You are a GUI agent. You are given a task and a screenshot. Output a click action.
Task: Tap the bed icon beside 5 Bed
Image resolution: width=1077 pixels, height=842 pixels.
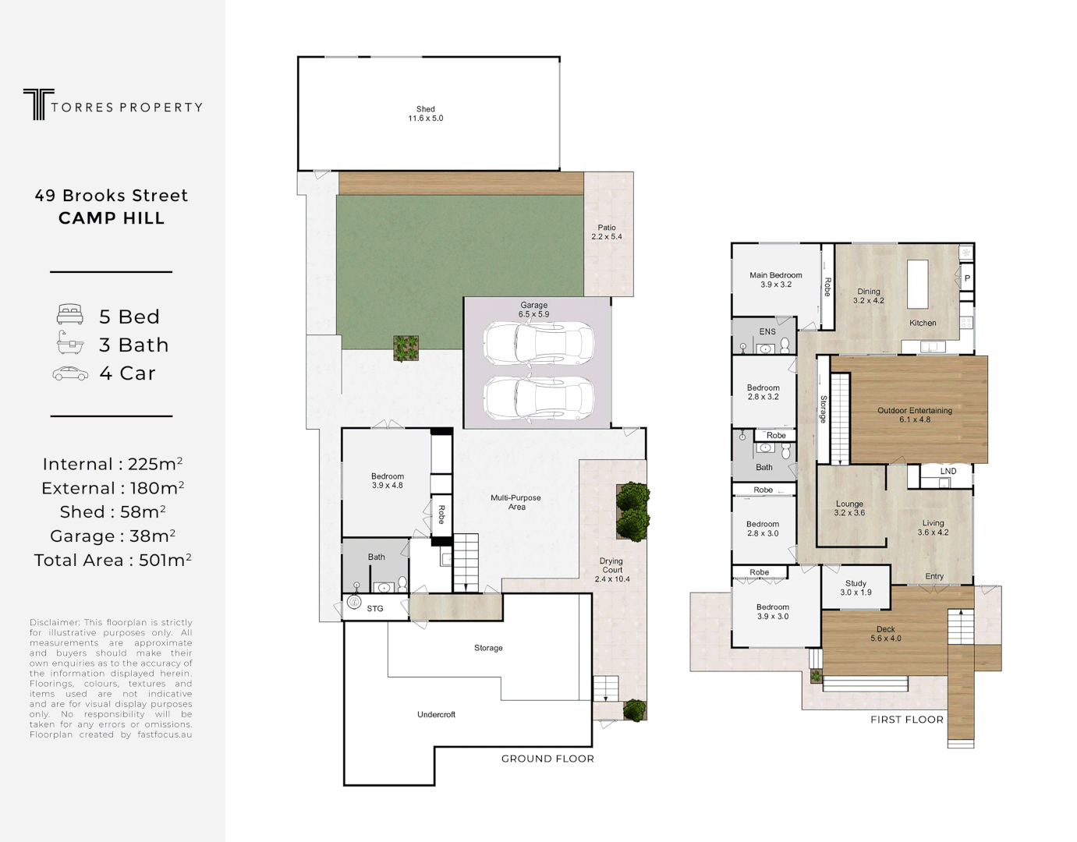(70, 316)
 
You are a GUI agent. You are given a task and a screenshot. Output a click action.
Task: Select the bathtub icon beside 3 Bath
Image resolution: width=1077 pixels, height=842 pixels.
(70, 344)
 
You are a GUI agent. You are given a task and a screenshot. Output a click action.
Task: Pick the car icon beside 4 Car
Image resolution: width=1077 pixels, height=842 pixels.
(70, 373)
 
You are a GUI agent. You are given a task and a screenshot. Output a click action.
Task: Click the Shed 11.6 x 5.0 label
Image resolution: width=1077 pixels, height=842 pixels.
(426, 114)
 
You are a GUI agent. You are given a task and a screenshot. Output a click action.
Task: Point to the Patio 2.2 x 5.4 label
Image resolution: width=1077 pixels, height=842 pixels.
(607, 232)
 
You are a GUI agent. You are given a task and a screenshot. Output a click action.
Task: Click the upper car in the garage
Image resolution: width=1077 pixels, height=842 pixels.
(538, 343)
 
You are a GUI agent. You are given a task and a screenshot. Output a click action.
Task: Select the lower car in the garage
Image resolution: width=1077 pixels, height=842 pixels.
(538, 398)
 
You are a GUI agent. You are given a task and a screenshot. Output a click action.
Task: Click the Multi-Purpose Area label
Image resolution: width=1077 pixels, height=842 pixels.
(515, 502)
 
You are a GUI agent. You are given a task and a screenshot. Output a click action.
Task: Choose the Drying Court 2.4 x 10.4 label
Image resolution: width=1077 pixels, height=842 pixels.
(612, 570)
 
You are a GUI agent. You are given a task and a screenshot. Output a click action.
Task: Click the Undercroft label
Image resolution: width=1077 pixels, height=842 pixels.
(436, 714)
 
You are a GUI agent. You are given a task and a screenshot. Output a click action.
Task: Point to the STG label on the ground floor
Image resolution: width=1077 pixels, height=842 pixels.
(375, 608)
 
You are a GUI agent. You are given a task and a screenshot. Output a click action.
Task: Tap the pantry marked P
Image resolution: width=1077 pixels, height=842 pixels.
(967, 278)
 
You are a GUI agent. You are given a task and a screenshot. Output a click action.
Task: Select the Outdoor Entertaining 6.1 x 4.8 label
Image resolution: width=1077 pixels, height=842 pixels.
(915, 415)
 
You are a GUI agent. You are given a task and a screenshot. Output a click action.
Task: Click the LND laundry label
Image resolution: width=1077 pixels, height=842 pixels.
(948, 471)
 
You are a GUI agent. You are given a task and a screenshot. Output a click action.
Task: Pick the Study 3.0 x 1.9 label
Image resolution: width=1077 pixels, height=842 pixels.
(856, 588)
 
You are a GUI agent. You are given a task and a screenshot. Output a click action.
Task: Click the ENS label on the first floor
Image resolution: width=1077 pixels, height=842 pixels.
(767, 331)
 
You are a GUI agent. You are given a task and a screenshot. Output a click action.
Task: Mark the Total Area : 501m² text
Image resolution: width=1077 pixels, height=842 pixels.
(112, 560)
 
